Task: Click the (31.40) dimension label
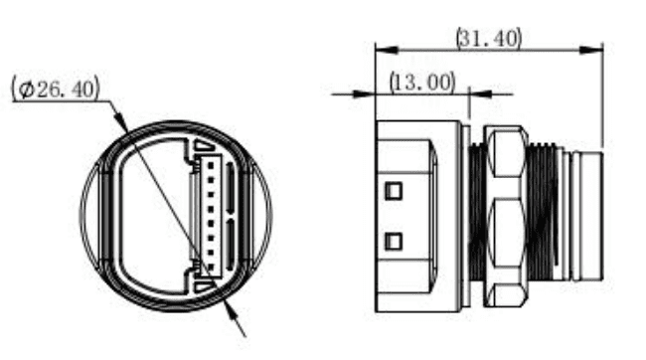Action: (x=489, y=39)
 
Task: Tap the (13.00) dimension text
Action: (x=422, y=83)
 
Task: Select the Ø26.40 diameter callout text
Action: (x=56, y=89)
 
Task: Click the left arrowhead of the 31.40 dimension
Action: (x=387, y=50)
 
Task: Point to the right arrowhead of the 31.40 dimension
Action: (x=591, y=50)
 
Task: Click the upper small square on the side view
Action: (x=394, y=191)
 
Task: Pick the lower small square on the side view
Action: (x=394, y=242)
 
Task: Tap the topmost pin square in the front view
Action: (x=211, y=165)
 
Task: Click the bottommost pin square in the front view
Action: (x=211, y=268)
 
